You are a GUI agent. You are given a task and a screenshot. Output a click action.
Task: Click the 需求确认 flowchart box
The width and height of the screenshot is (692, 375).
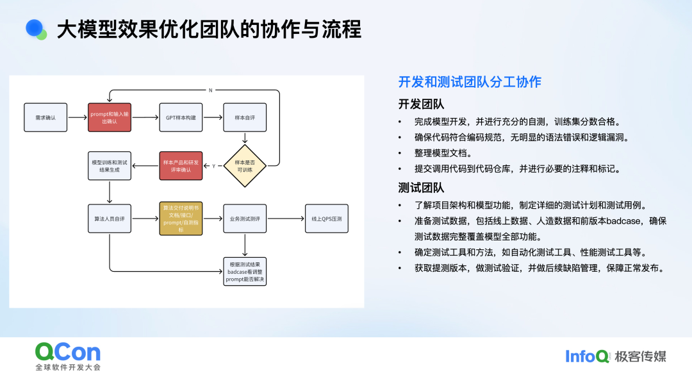pos(45,117)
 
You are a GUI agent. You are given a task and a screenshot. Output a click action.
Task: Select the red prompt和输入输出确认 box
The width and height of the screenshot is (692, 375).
pos(110,117)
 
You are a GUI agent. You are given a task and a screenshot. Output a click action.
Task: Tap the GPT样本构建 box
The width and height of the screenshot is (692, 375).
pos(181,117)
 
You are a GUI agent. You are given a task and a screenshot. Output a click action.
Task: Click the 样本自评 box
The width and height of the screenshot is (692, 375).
pos(244,117)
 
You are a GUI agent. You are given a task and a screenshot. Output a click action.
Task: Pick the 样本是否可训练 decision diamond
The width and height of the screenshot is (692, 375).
pos(245,166)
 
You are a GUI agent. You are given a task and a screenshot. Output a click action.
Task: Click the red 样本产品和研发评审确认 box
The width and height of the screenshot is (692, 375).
pos(181,166)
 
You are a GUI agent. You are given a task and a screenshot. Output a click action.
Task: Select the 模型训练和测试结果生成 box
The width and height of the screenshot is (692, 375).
pos(110,166)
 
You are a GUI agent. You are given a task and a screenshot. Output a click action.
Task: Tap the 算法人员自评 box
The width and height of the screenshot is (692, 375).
pos(110,219)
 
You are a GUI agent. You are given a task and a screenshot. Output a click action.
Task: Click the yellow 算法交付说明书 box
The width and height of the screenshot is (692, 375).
pos(181,219)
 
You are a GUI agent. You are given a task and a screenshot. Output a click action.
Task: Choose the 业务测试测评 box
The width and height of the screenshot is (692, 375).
pos(244,219)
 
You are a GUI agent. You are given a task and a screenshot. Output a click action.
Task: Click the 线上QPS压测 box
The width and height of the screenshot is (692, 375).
pos(326,219)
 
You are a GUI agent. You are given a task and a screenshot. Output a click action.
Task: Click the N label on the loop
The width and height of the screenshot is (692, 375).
pos(210,90)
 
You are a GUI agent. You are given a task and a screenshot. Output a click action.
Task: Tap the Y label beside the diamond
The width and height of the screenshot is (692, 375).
pos(214,166)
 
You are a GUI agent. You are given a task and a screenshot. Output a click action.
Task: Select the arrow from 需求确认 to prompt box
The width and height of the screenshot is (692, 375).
pos(77,117)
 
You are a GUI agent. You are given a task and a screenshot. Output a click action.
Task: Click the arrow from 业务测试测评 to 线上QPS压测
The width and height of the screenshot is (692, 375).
pos(285,219)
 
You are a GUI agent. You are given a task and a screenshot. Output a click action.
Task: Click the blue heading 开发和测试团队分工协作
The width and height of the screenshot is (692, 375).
pos(470,82)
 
